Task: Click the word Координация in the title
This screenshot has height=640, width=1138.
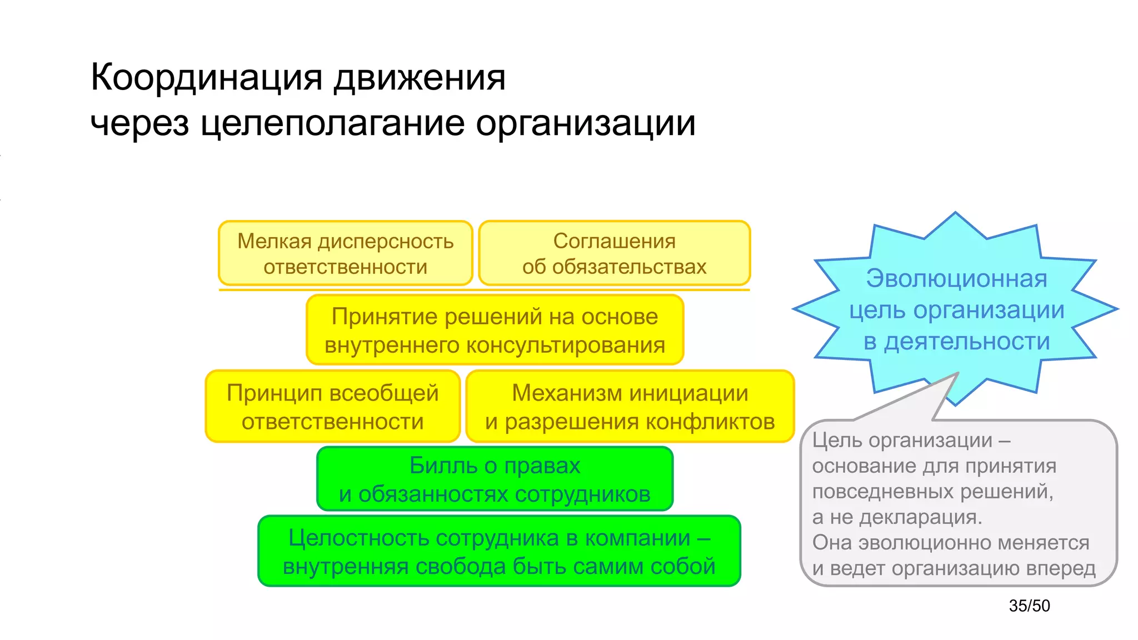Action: [206, 78]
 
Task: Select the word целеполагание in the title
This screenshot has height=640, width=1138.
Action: [332, 123]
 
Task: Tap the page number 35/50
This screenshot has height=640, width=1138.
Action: [1029, 606]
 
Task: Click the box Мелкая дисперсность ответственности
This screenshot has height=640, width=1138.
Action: [345, 253]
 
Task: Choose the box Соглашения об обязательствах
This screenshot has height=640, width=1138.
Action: [614, 253]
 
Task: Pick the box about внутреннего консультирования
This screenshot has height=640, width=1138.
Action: [495, 330]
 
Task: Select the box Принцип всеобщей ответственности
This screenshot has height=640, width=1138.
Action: [332, 407]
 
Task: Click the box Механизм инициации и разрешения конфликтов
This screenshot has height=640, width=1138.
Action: [630, 407]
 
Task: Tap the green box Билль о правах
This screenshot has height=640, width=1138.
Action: [495, 479]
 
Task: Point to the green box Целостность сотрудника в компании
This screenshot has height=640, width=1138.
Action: [499, 551]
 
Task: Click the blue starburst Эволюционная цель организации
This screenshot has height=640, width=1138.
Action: [956, 309]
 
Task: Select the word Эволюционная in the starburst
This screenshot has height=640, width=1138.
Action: [956, 278]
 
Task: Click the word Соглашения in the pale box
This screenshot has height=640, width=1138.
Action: [614, 241]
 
